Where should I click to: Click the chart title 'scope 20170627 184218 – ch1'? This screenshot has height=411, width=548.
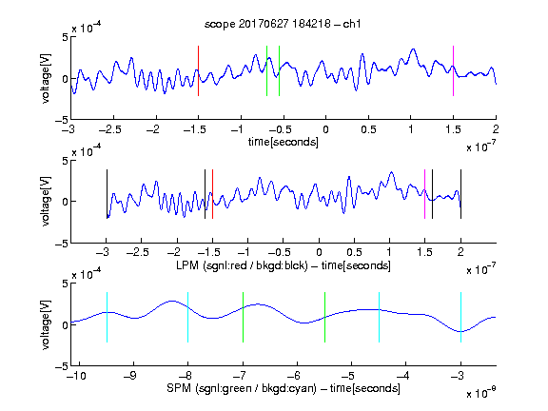coord(283,24)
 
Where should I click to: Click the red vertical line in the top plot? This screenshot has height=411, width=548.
coord(198,70)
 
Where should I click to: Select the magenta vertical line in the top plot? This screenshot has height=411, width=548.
coord(453,70)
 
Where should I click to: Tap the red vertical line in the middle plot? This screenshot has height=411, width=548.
coord(212,194)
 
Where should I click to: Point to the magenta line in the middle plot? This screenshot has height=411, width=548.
coord(424,194)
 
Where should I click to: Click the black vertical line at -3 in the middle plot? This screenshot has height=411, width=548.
coord(107,194)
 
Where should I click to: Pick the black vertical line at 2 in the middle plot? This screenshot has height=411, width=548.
coord(460,194)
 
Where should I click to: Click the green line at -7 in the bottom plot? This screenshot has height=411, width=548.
coord(243,317)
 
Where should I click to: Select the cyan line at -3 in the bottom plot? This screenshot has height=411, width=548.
coord(460,317)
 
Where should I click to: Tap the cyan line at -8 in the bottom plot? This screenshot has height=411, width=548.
coord(187,317)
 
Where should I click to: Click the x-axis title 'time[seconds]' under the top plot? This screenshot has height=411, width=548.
coord(284,142)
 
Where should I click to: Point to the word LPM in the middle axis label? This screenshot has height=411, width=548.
coord(187,265)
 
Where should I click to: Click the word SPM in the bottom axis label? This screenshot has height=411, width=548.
coord(179,388)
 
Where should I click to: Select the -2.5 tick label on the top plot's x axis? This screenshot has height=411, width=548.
coord(110,129)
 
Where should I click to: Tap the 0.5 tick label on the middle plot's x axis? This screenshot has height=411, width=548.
coord(354,252)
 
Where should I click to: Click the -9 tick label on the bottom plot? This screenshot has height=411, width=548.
coord(130,376)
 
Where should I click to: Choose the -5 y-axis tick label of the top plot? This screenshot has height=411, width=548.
coord(62,120)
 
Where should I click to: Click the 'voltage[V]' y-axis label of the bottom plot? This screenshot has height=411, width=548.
coord(46,324)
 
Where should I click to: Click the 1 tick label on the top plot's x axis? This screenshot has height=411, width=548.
coord(411,129)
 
